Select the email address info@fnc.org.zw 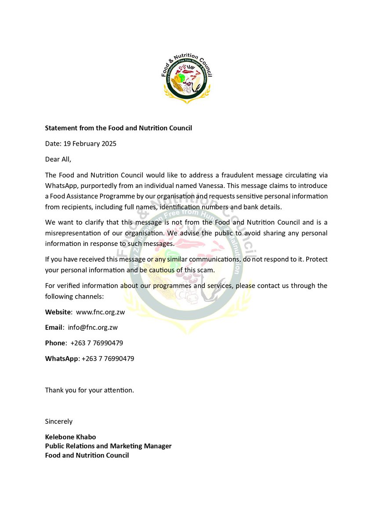point(93,327)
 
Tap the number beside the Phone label point(97,343)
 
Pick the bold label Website point(58,312)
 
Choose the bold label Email point(54,327)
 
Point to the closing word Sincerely point(59,421)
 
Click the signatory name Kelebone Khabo point(70,437)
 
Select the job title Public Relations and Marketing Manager point(108,446)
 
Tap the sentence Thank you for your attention point(89,390)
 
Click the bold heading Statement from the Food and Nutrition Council point(118,128)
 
